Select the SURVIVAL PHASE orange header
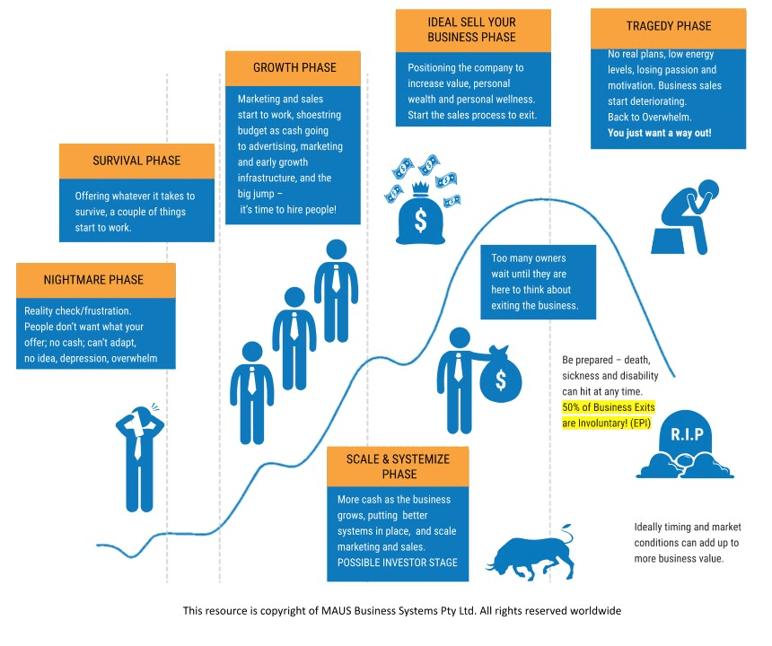coord(136,161)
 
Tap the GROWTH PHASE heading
coord(294,68)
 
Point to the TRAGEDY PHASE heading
coord(668,26)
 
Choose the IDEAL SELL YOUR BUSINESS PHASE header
coord(472,30)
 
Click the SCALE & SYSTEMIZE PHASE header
coord(399,467)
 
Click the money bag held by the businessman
coord(499,374)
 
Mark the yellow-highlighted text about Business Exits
coord(609,414)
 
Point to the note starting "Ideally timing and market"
coord(687,542)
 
